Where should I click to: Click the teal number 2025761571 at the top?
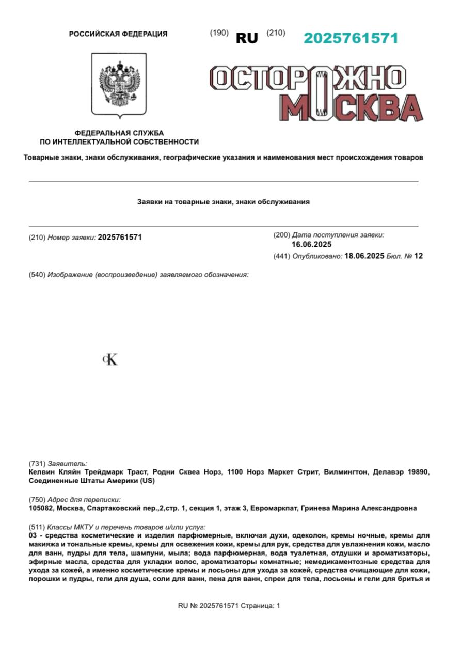click(x=351, y=38)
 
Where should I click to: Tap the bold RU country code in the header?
click(x=246, y=38)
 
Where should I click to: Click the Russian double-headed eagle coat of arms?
click(x=119, y=83)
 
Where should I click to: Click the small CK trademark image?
click(x=110, y=360)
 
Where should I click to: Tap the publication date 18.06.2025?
click(x=364, y=256)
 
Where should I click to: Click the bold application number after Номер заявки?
click(x=119, y=238)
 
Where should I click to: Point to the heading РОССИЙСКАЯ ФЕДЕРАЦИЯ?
click(x=118, y=34)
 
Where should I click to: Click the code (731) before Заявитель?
click(x=37, y=464)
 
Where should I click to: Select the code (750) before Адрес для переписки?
click(x=37, y=500)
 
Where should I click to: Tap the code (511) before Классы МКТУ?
click(x=37, y=527)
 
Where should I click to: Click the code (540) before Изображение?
click(x=37, y=275)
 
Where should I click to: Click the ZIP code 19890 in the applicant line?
click(x=417, y=472)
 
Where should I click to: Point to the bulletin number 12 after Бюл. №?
click(x=418, y=256)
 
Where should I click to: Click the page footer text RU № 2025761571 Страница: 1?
click(x=229, y=606)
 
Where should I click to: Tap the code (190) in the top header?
click(x=219, y=33)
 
